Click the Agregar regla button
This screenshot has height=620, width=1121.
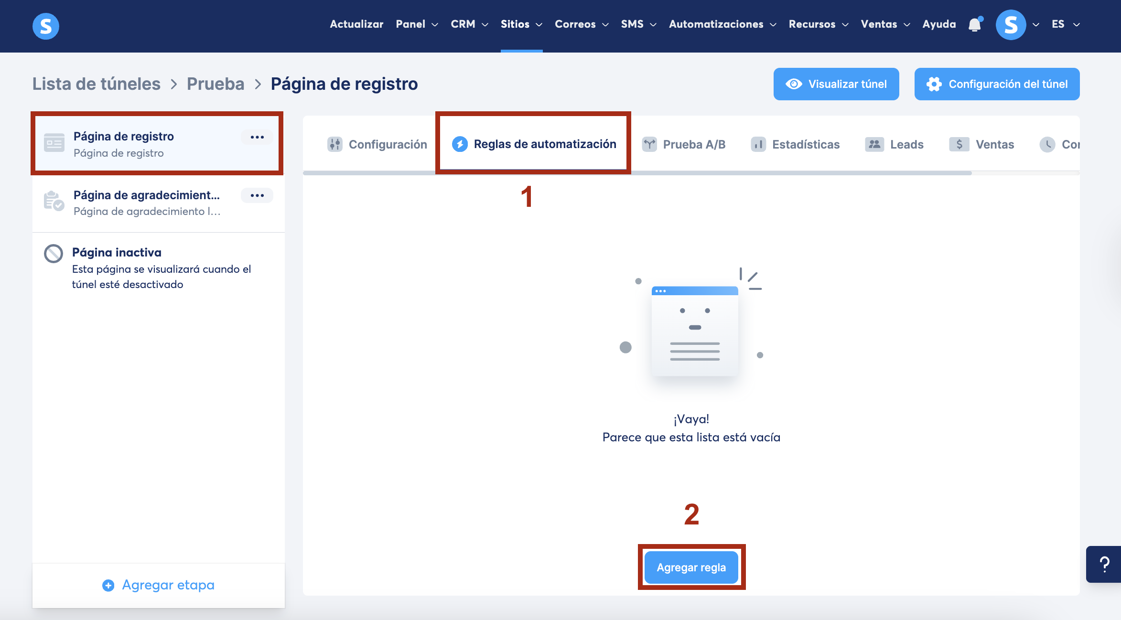[x=691, y=567]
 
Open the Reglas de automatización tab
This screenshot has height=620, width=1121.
[x=534, y=144]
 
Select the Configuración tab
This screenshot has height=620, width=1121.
[x=377, y=144]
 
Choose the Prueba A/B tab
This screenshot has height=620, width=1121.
[x=684, y=144]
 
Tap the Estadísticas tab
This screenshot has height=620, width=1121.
[x=795, y=144]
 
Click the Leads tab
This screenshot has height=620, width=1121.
[x=894, y=144]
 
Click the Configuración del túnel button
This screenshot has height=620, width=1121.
[x=997, y=84]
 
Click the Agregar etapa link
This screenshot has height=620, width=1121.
[x=159, y=585]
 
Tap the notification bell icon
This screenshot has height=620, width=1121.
[x=975, y=24]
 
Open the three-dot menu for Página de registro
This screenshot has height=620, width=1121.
[x=257, y=137]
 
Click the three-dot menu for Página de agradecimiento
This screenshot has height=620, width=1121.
[x=257, y=195]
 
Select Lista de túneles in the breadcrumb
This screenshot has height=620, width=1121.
[x=97, y=84]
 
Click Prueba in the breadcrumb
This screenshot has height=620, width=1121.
[x=216, y=84]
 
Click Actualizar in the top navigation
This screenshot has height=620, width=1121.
[x=356, y=24]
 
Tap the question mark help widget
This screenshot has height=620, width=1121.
[x=1104, y=564]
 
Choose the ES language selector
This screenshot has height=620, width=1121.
[x=1066, y=24]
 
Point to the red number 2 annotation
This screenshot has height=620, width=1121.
[x=691, y=514]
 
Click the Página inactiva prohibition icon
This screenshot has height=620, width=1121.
[x=54, y=254]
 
